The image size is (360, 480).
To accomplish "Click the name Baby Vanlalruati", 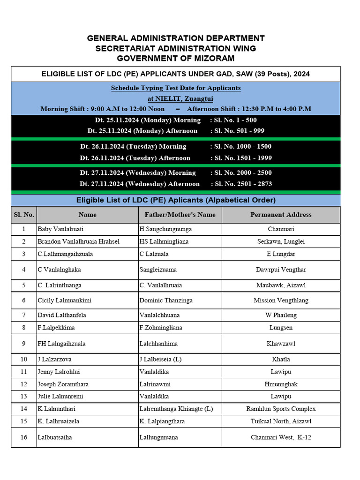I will pyautogui.click(x=61, y=229).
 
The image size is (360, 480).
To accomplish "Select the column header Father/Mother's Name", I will pyautogui.click(x=177, y=215).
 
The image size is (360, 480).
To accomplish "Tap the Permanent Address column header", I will pyautogui.click(x=281, y=215).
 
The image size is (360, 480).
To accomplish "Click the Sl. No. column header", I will pyautogui.click(x=24, y=215).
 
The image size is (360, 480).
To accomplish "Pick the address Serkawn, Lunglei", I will pyautogui.click(x=281, y=241).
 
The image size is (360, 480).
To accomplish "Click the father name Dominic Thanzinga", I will pyautogui.click(x=166, y=300).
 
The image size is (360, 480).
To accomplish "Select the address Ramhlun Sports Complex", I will pyautogui.click(x=281, y=409).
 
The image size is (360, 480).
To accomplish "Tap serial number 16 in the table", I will pyautogui.click(x=24, y=437).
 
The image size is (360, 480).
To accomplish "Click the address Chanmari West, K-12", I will pyautogui.click(x=281, y=437).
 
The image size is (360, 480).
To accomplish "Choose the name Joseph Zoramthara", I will pyautogui.click(x=63, y=384).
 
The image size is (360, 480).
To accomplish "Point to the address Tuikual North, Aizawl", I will pyautogui.click(x=281, y=421).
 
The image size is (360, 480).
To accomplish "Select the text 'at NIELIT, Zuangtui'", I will pyautogui.click(x=176, y=98).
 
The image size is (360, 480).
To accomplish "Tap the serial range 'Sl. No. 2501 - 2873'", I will pyautogui.click(x=243, y=184).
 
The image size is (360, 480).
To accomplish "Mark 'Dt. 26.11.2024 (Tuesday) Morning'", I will pyautogui.click(x=133, y=146).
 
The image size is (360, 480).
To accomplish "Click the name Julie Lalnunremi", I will pyautogui.click(x=60, y=396).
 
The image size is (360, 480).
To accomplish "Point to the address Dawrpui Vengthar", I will pyautogui.click(x=281, y=270).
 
